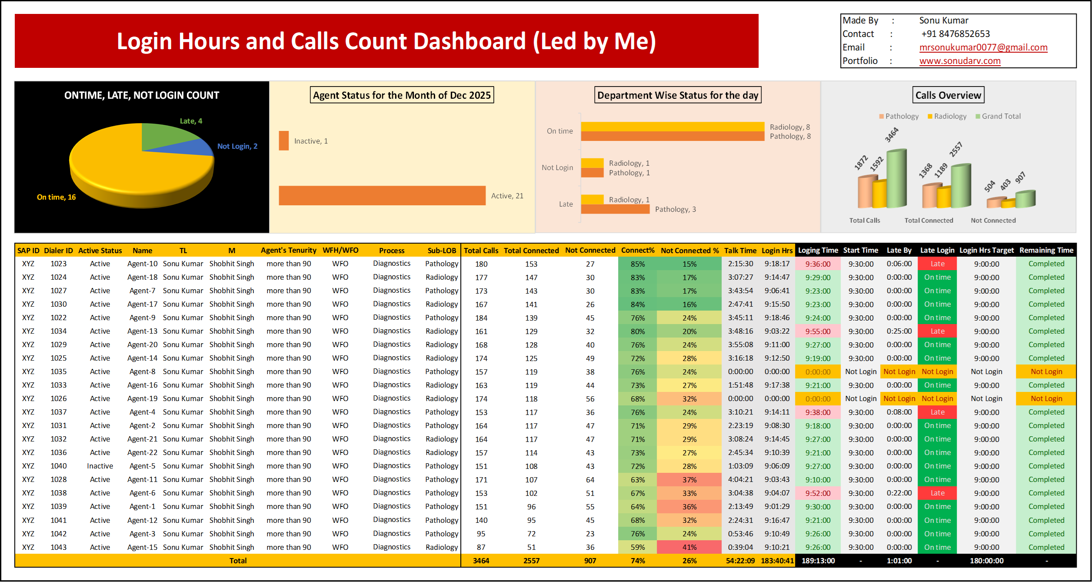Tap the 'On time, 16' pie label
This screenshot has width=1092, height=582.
[56, 197]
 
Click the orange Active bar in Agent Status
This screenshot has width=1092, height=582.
[382, 196]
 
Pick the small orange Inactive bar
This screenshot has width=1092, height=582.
[284, 141]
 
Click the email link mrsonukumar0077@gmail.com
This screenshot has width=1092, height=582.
[983, 47]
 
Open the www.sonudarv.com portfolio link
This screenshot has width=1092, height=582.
[959, 61]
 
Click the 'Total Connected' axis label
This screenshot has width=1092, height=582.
[929, 221]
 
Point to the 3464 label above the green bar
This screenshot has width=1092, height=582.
[891, 135]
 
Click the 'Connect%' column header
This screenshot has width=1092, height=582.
[637, 251]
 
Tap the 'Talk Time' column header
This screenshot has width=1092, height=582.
[740, 251]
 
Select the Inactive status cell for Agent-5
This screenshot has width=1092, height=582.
[100, 466]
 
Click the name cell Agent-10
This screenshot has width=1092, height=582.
[142, 264]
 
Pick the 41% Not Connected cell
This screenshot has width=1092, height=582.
[689, 547]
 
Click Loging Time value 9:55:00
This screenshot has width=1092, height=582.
[817, 331]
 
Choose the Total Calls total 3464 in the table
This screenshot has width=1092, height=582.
[481, 561]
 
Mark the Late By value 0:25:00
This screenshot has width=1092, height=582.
[899, 331]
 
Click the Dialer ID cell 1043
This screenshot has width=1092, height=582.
[58, 547]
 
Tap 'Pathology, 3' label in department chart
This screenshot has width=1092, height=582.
[675, 209]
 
